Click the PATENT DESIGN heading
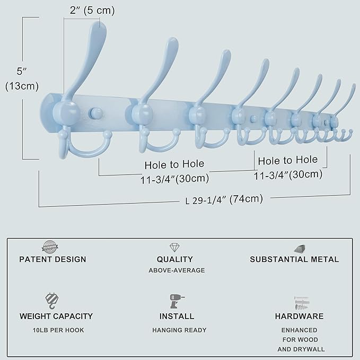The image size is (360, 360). pos(52,259)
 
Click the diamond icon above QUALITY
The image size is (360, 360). pos(174,248)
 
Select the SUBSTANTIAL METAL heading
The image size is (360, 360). pos(294,259)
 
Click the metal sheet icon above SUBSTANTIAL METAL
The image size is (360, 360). pos(300,248)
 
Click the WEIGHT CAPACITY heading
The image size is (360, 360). pos(56,317)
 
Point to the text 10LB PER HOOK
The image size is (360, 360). pos(56,330)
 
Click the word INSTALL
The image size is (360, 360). pos(177,317)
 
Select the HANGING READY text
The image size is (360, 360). pos(177,330)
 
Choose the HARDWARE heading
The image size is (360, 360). pos(299,317)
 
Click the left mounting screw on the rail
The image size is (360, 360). pos(96,112)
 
